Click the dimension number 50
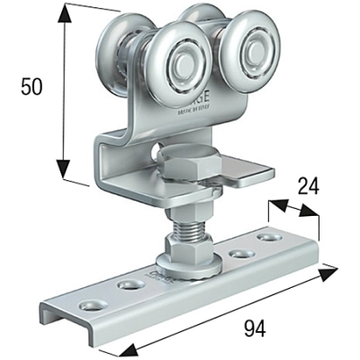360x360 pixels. (x=32, y=87)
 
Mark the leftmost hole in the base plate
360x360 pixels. (x=91, y=302)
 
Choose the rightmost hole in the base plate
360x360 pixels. (x=267, y=238)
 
